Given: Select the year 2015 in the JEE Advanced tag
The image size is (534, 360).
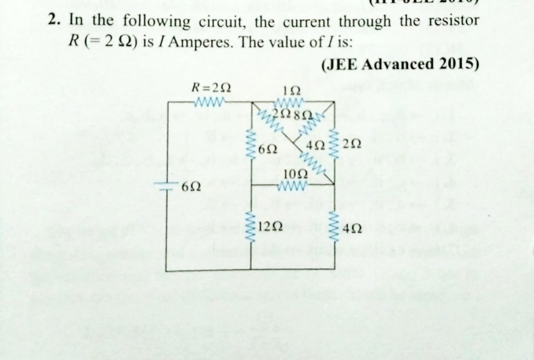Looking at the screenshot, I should click(459, 64).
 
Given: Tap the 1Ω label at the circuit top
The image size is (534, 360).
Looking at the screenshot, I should click(289, 89).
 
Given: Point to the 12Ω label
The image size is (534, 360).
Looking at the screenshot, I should click(270, 226).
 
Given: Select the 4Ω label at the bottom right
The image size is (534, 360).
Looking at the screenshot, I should click(353, 228).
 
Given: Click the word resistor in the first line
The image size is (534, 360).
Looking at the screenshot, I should click(449, 21).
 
